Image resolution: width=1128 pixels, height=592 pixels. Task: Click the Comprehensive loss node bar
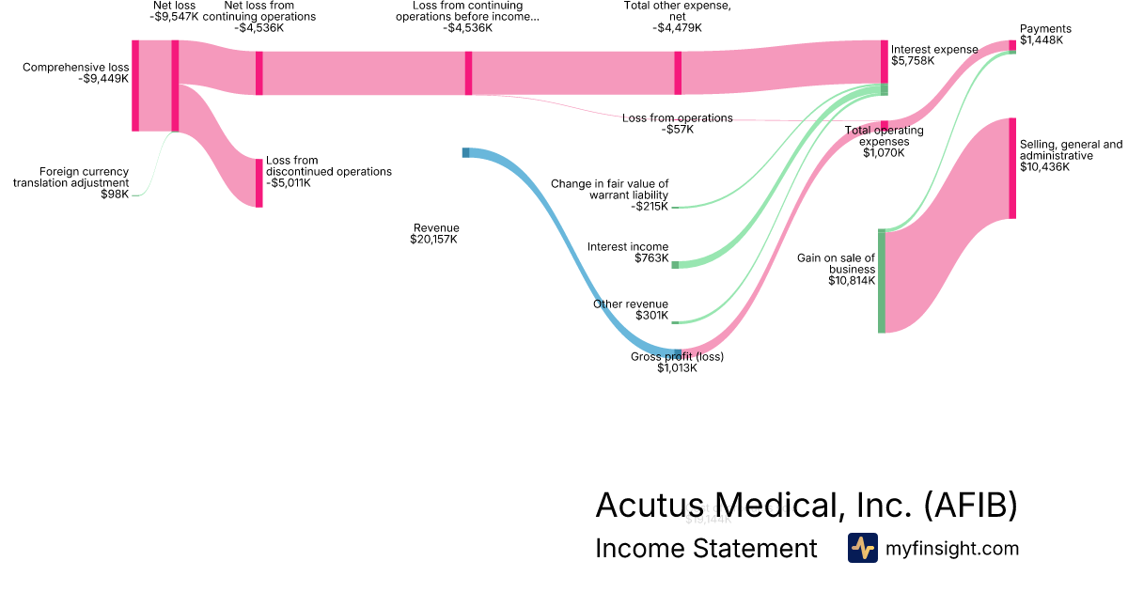point(135,86)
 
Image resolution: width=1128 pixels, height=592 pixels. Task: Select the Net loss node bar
point(175,86)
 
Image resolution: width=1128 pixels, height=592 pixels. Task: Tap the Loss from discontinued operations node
point(259,182)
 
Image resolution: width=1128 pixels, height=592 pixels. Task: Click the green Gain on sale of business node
point(882,280)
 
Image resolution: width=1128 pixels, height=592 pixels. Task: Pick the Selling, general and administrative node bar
point(1012,168)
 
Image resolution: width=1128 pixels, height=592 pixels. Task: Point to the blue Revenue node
point(465,152)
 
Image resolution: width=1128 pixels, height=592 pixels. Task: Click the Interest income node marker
point(675,265)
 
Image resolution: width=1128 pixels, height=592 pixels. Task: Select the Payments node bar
point(1012,44)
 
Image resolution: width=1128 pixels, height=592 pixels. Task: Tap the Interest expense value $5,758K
point(913,60)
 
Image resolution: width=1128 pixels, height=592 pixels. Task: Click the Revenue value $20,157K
point(433,240)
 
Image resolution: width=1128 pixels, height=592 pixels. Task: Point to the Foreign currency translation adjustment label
point(70,177)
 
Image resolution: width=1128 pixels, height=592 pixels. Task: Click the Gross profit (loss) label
point(677,356)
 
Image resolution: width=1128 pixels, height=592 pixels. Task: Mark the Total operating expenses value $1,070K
point(884,152)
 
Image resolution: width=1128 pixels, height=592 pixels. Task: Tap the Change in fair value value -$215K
point(649,207)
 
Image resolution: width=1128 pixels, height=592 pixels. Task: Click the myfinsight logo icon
point(862,548)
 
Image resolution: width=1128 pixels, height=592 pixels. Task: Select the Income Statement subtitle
point(706,548)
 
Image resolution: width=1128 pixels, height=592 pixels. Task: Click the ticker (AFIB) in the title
point(970,505)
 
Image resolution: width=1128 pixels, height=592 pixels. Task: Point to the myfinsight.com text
point(952,548)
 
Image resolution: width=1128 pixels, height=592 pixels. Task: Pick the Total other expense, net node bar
point(678,73)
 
